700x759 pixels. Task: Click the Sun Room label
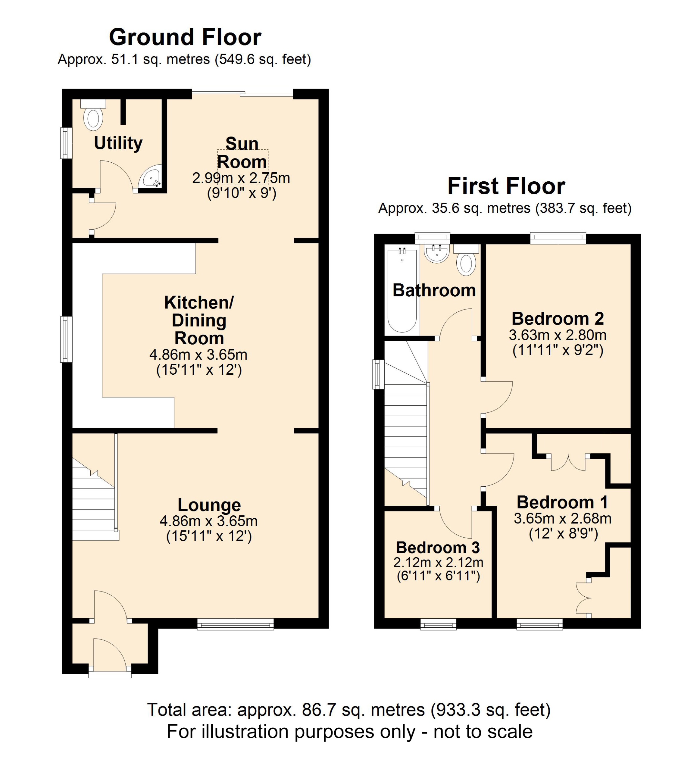242,153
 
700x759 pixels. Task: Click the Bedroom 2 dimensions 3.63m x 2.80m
558,335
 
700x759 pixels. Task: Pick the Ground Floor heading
185,37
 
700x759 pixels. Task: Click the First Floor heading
506,186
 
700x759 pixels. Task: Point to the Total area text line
348,710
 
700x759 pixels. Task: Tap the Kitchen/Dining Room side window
67,339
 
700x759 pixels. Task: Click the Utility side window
67,143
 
